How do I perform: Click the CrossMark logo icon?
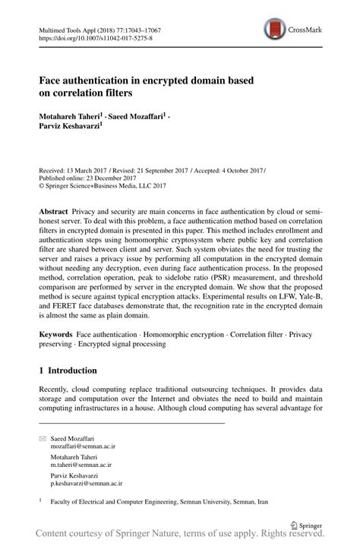274,30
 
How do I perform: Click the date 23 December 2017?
107,179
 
